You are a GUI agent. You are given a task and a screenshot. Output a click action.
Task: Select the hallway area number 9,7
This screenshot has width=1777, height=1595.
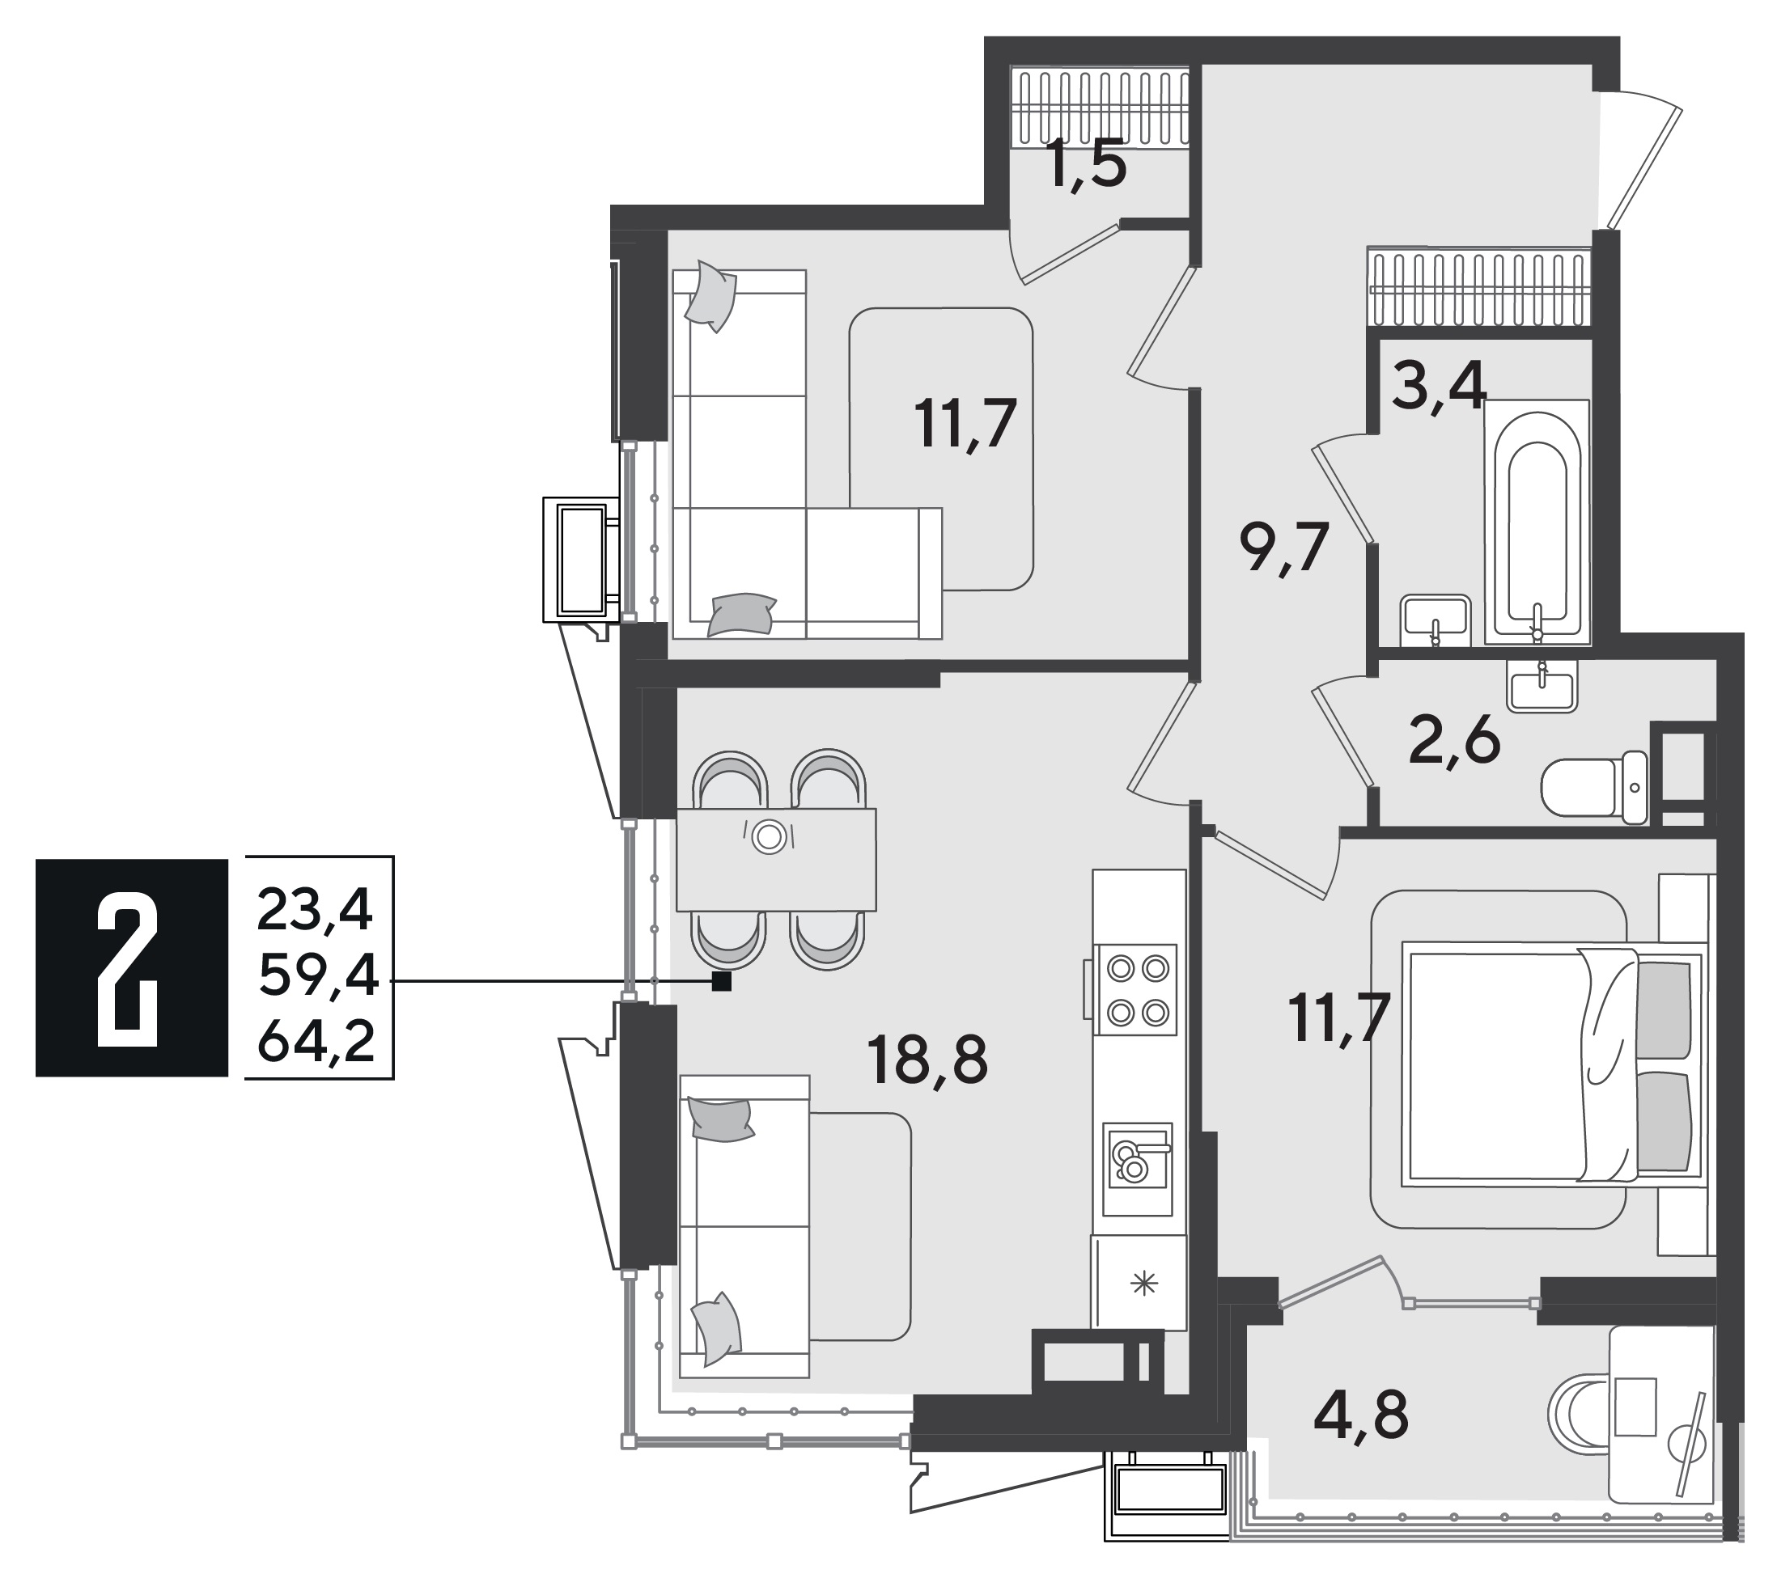pyautogui.click(x=1284, y=548)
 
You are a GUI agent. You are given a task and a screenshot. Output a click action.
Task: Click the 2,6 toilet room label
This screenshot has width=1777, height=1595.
pyautogui.click(x=1453, y=742)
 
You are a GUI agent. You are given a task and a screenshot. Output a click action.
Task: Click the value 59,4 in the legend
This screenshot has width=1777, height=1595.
pyautogui.click(x=318, y=976)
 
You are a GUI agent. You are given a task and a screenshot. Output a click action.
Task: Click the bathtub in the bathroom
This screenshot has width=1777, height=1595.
pyautogui.click(x=1536, y=522)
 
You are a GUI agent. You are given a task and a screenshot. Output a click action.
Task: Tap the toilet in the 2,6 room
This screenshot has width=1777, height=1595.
pyautogui.click(x=1595, y=786)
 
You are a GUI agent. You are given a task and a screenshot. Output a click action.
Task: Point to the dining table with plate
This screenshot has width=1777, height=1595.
pyautogui.click(x=776, y=859)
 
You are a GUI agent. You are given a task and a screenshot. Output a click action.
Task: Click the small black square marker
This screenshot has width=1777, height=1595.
pyautogui.click(x=722, y=982)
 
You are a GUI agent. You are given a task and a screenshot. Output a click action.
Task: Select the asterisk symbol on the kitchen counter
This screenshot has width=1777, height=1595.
pyautogui.click(x=1143, y=1284)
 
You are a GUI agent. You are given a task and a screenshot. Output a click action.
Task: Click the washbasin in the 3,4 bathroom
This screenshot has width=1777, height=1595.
pyautogui.click(x=1434, y=620)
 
